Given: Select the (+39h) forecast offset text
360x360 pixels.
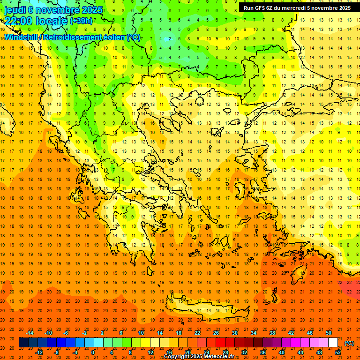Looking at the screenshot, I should [81, 21].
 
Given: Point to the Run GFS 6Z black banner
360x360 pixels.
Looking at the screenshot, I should [297, 7].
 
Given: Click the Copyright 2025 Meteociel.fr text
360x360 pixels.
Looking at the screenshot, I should [199, 357].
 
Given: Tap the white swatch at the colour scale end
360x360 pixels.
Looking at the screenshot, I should [333, 343].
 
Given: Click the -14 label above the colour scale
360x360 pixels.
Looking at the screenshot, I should [30, 332].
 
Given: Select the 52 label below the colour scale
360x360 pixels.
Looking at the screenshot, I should [337, 352].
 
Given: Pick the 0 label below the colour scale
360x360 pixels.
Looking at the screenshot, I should [93, 352].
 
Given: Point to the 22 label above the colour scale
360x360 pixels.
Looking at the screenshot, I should [197, 332].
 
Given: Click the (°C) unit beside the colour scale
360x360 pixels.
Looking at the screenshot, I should [349, 343].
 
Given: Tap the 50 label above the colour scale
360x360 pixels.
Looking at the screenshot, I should [328, 332].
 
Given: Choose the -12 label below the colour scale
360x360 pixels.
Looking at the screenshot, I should [39, 352].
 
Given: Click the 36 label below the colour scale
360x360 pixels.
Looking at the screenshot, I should [262, 352].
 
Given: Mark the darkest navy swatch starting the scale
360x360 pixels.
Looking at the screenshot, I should [23, 343].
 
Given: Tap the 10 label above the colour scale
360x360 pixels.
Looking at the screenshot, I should [141, 332].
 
